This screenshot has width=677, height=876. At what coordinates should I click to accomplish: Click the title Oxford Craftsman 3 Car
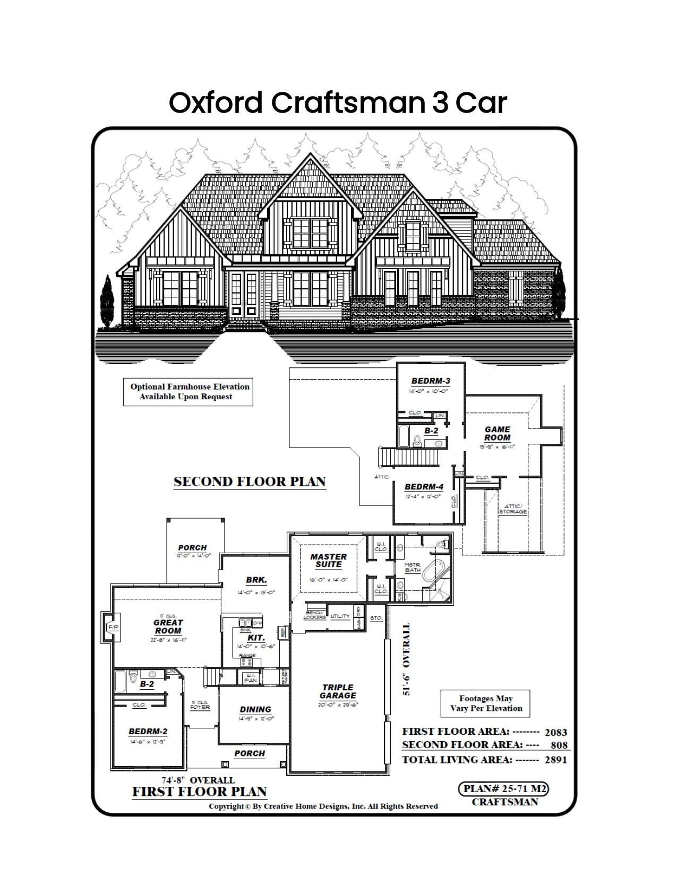pos(338,102)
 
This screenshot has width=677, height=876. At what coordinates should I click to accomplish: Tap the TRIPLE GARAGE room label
pos(338,691)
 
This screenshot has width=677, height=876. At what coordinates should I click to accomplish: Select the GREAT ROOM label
pos(168,626)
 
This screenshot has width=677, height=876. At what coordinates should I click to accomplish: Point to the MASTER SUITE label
pos(329,560)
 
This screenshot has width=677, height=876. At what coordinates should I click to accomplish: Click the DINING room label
pos(255,709)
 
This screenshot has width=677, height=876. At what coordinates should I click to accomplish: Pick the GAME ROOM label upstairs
pos(498,433)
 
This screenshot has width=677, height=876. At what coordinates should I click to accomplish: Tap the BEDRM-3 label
pos(431,381)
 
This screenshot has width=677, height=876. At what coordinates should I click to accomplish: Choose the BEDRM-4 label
pos(423,487)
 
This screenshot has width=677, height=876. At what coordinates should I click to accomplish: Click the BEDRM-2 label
pos(148,731)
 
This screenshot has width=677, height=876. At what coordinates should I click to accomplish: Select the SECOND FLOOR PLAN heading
pos(250,482)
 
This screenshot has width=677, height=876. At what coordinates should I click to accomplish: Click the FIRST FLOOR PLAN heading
pos(199,792)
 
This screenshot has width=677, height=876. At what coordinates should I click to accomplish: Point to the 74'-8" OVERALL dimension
pos(198,780)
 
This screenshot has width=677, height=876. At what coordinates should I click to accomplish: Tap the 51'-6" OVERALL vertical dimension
pos(407,659)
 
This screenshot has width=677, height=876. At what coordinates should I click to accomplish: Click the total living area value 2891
pos(555,760)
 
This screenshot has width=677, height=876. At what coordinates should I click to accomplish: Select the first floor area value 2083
pos(555,732)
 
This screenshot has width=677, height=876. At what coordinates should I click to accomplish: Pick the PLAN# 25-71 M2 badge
pos(503,788)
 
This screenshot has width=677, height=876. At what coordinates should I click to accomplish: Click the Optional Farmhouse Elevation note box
pos(188,391)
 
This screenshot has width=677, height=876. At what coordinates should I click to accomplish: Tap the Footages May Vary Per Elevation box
pos(486,703)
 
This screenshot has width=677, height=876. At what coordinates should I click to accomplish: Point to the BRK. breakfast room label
pos(256,580)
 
